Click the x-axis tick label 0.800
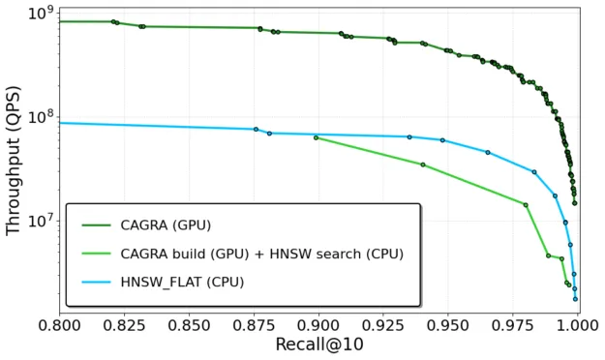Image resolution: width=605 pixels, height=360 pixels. click(60, 326)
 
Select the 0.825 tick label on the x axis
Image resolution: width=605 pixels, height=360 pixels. click(125, 326)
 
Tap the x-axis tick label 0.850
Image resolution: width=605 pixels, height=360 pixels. click(190, 326)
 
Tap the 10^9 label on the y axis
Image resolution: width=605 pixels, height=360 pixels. click(41, 14)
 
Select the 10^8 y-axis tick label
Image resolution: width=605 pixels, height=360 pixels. click(41, 117)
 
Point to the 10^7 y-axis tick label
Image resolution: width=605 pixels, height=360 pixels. click(41, 221)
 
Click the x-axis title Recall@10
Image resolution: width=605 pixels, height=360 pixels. click(319, 345)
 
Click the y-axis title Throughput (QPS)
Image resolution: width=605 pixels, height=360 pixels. click(14, 161)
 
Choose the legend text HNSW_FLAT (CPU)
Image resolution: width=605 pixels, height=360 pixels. click(184, 282)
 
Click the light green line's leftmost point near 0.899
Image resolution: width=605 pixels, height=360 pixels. click(316, 137)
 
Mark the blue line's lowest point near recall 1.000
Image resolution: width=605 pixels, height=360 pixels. click(575, 298)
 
